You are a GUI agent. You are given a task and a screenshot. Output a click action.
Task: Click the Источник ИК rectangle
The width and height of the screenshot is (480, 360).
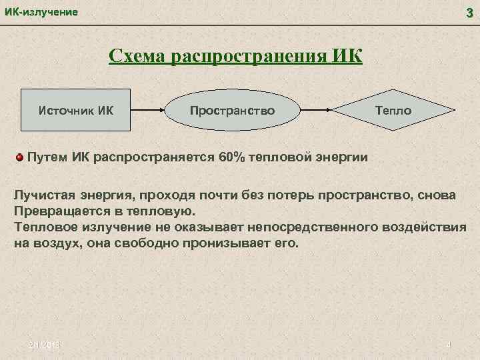coord(76,109)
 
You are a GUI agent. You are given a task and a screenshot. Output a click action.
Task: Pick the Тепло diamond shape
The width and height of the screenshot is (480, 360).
coord(393,109)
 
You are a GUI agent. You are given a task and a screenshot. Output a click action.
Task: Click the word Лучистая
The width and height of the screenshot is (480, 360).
coord(43,197)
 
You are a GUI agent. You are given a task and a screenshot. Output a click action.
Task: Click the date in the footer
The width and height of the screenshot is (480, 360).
coord(44,345)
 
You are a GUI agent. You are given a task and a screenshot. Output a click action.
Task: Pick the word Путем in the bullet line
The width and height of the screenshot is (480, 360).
coord(45,157)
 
